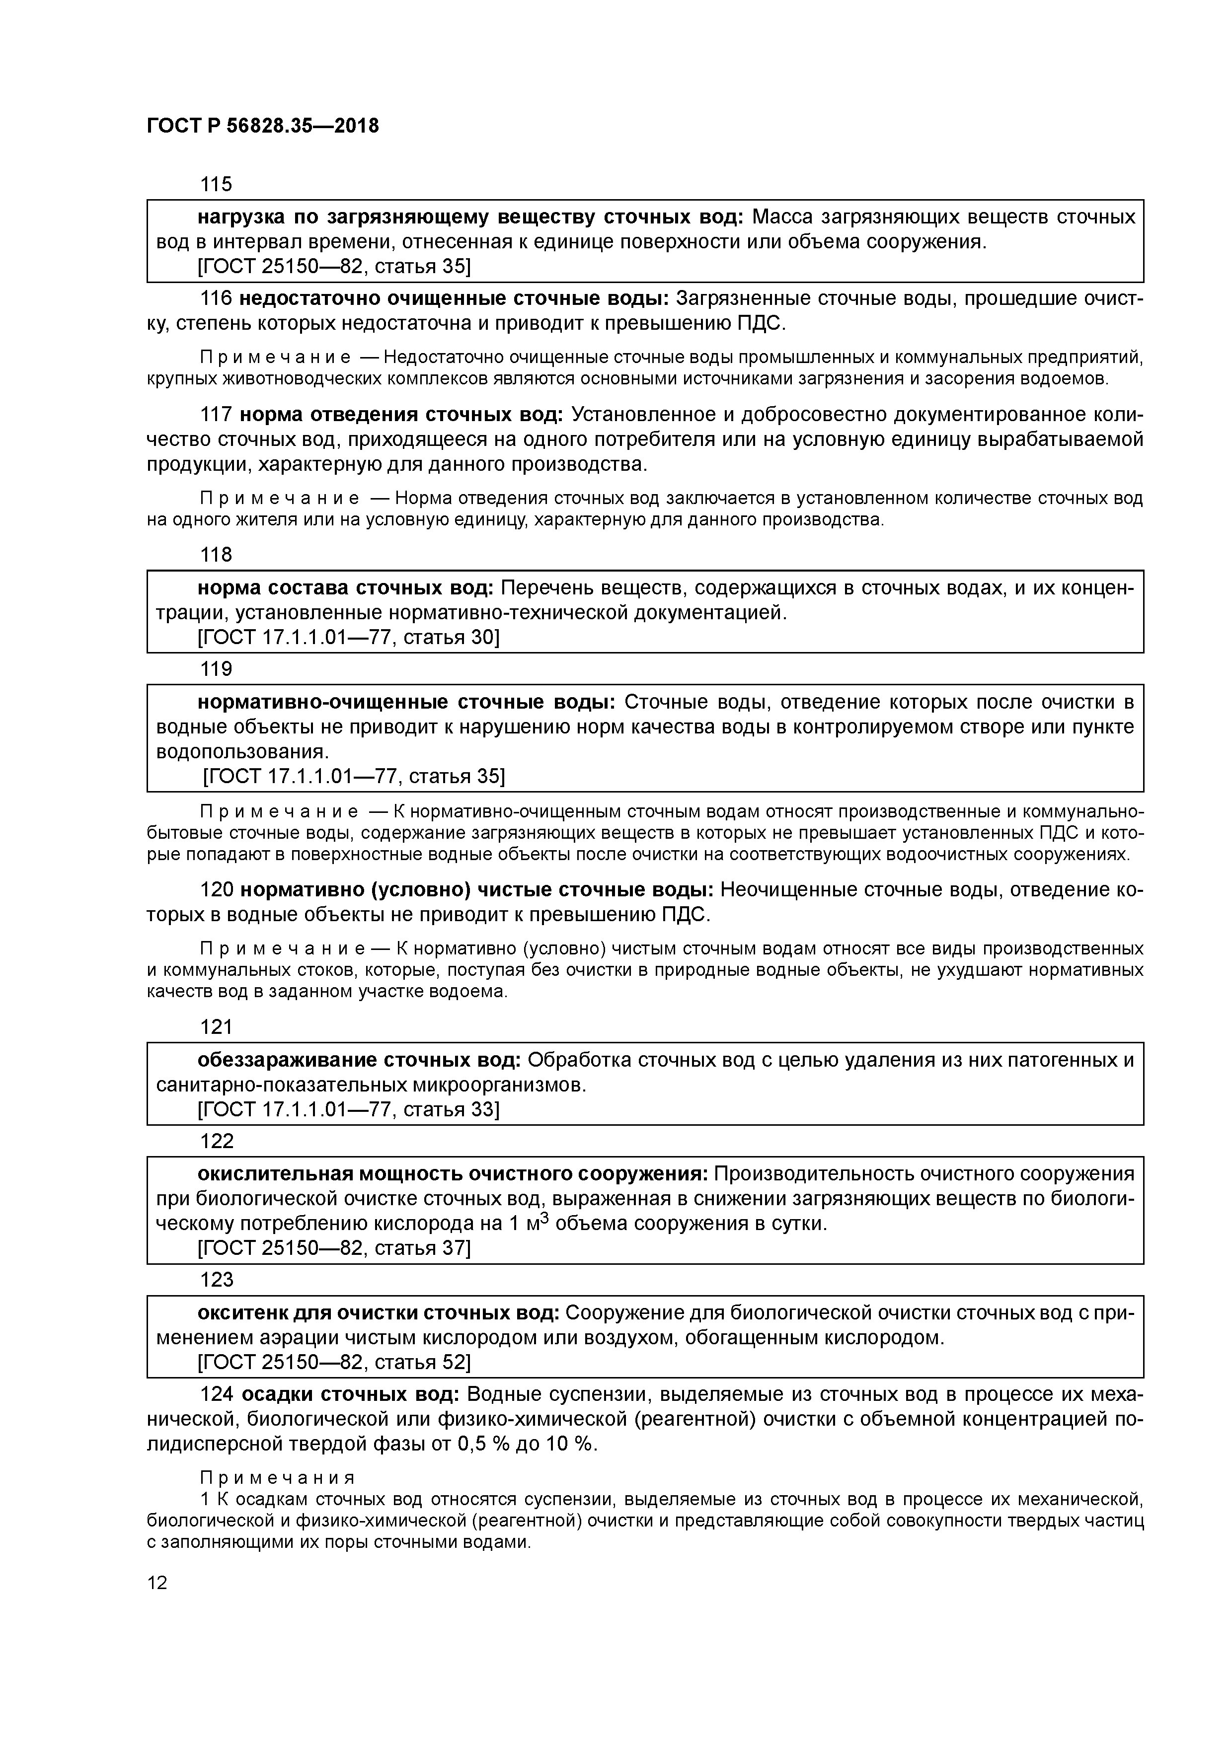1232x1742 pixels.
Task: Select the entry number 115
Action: click(216, 184)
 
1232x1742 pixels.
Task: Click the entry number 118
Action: click(216, 555)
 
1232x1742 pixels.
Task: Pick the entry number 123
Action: click(216, 1280)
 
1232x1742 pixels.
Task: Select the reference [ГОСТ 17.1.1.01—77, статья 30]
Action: click(348, 637)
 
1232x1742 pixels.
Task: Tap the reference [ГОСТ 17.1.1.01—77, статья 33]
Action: click(348, 1109)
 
